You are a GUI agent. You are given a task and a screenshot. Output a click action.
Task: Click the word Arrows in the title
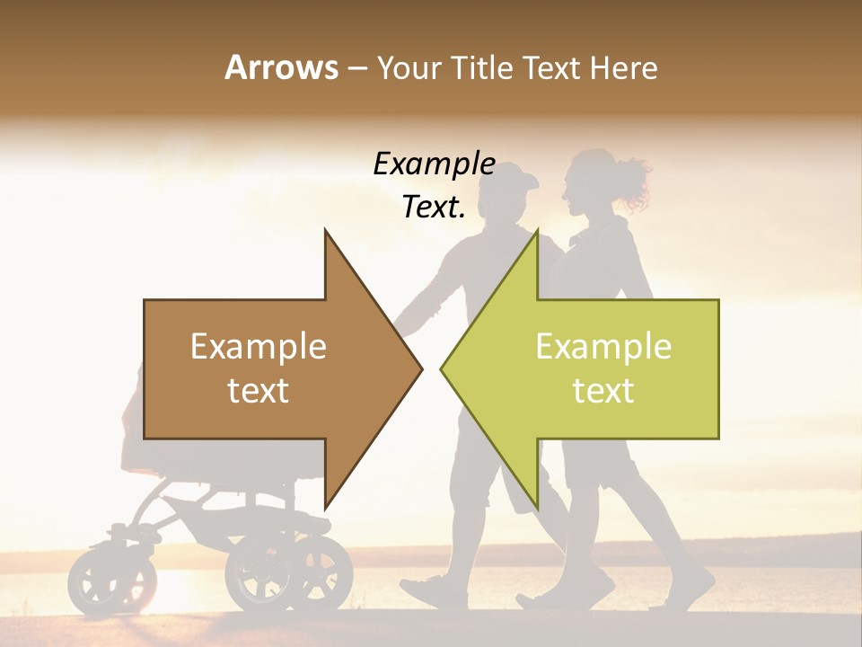pos(281,67)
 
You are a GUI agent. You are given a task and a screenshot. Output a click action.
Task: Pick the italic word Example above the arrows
pos(434,164)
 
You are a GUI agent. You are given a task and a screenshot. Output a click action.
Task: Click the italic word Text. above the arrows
pos(434,208)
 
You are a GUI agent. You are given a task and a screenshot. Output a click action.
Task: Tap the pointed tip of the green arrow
pos(444,368)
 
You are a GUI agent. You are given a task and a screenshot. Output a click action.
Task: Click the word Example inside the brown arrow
pos(259,347)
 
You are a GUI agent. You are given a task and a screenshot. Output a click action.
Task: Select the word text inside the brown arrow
pos(259,391)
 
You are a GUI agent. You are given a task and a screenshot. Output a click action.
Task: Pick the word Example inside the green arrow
pos(603,347)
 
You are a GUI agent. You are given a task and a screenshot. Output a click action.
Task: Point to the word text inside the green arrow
pos(603,391)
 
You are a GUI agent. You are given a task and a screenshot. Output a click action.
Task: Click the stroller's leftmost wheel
pos(100,580)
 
